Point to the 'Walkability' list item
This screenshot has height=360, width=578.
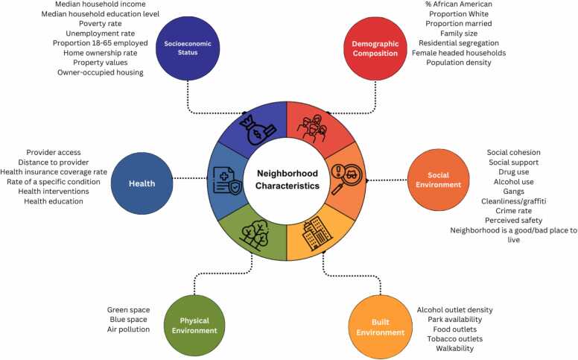click(x=451, y=348)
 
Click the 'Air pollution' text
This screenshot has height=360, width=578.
click(x=129, y=329)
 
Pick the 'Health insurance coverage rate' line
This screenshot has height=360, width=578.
click(x=57, y=172)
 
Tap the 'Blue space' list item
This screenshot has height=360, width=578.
click(x=129, y=319)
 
